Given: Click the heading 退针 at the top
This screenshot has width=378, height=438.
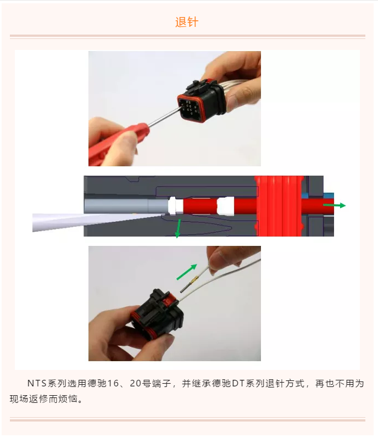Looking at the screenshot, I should (x=187, y=23).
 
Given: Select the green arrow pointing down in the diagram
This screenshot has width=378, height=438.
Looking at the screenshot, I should (x=177, y=229).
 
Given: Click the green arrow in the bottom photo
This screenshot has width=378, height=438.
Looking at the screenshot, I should (x=186, y=272).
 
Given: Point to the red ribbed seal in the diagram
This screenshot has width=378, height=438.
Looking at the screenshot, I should (x=280, y=206).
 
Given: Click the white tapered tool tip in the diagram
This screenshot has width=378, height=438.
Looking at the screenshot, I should (x=82, y=221).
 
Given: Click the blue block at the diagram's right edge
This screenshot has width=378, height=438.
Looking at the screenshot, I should (x=328, y=195).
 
